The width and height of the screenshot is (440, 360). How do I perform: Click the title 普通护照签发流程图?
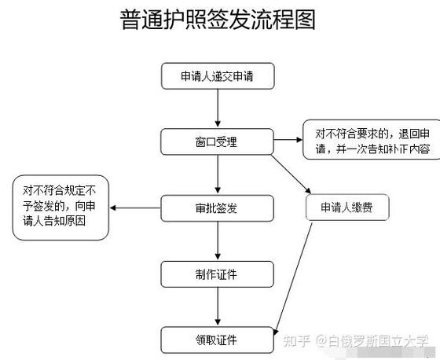coord(218,20)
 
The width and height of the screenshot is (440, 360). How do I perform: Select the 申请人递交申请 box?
coord(218,77)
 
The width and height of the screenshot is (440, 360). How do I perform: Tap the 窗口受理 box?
coord(218,142)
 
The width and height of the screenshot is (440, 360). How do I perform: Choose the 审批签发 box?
coord(218,208)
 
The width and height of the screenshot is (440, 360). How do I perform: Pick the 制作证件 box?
coord(218,274)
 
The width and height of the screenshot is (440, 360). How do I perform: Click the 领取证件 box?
coord(218,340)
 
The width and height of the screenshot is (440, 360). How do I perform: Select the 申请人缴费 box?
coord(346,208)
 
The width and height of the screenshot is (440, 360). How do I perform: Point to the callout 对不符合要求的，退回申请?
coord(368,140)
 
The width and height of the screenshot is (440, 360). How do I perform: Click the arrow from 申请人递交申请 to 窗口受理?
coord(218,109)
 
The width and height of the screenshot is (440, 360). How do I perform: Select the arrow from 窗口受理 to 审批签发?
coord(218,175)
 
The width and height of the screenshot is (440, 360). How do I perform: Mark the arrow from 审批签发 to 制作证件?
coord(218,241)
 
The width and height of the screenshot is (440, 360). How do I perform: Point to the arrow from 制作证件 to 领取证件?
coord(218,307)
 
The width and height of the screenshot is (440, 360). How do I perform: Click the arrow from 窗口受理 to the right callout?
coord(287,141)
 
